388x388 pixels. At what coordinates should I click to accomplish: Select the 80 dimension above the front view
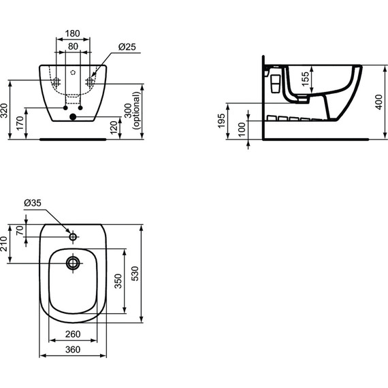coord(73,47)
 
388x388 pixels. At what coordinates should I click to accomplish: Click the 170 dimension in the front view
coord(20,123)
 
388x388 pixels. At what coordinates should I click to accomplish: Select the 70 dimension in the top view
coord(20,231)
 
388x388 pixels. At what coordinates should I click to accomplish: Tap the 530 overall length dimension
coord(135,273)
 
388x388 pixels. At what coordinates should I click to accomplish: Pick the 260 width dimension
coord(73,334)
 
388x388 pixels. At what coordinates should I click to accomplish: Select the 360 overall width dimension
coord(73,349)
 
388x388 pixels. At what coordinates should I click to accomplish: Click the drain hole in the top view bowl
coord(73,262)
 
